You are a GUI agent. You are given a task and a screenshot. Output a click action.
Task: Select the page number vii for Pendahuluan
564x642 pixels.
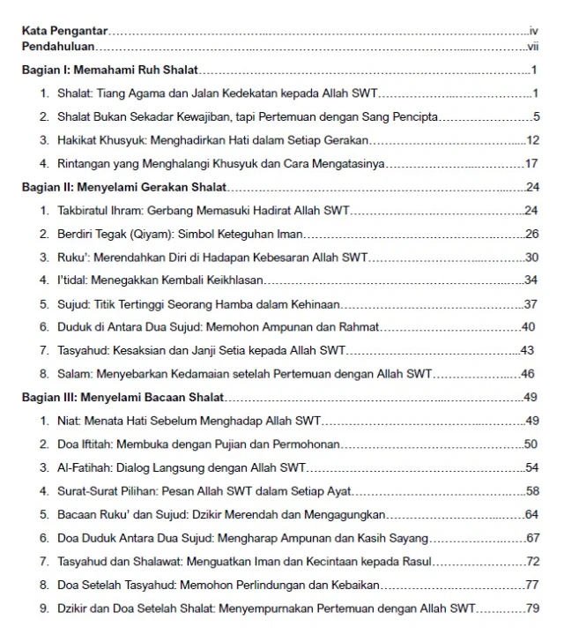pyautogui.click(x=531, y=46)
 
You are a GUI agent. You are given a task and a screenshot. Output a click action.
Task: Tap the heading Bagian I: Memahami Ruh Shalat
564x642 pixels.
pyautogui.click(x=109, y=70)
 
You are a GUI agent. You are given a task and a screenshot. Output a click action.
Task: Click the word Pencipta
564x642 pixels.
pyautogui.click(x=413, y=116)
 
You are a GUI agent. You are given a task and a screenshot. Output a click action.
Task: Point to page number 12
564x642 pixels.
pyautogui.click(x=531, y=140)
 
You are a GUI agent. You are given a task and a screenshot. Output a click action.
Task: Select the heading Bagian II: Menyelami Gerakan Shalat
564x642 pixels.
pyautogui.click(x=124, y=187)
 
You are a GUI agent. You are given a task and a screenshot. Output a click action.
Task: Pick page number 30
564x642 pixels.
pyautogui.click(x=531, y=257)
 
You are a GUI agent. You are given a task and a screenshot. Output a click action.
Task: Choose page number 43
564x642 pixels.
pyautogui.click(x=528, y=350)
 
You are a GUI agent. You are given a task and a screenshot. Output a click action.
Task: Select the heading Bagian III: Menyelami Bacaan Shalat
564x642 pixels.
pyautogui.click(x=122, y=397)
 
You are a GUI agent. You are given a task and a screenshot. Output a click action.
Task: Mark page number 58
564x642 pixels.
pyautogui.click(x=531, y=490)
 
